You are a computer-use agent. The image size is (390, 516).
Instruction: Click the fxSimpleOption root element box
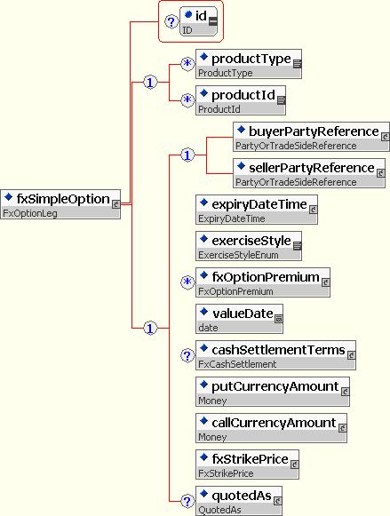pos(60,204)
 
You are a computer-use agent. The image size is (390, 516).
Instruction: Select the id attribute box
pos(199,21)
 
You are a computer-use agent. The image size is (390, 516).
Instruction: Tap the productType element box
pos(249,64)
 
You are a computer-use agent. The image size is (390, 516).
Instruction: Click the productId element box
pos(241,100)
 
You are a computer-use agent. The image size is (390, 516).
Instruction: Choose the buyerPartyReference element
pos(311,137)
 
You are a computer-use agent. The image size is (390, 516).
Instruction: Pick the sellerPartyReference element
pos(309,173)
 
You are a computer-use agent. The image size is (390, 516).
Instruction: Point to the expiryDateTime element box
pos(257,210)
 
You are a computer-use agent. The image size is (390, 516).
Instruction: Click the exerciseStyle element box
pos(249,246)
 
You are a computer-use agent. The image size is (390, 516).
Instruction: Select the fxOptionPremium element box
pos(263,282)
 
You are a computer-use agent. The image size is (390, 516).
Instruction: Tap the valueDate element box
pos(239,319)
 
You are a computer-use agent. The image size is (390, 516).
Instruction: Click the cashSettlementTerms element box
pos(275,355)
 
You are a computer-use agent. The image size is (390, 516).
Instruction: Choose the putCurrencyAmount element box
pos(273,392)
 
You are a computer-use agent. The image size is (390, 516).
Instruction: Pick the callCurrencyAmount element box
pos(271,428)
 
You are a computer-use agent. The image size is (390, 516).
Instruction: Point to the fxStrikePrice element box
pos(247,464)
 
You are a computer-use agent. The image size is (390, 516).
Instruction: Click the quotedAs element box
pos(239,501)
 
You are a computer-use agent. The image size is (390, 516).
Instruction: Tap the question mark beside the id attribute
pos(171,22)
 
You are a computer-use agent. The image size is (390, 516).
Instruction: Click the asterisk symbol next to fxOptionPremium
pos(187,282)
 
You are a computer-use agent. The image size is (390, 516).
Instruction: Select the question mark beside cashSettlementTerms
pos(187,355)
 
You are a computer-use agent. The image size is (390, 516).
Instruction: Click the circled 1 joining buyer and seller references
pos(187,155)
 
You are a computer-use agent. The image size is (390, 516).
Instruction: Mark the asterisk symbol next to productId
pos(187,99)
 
